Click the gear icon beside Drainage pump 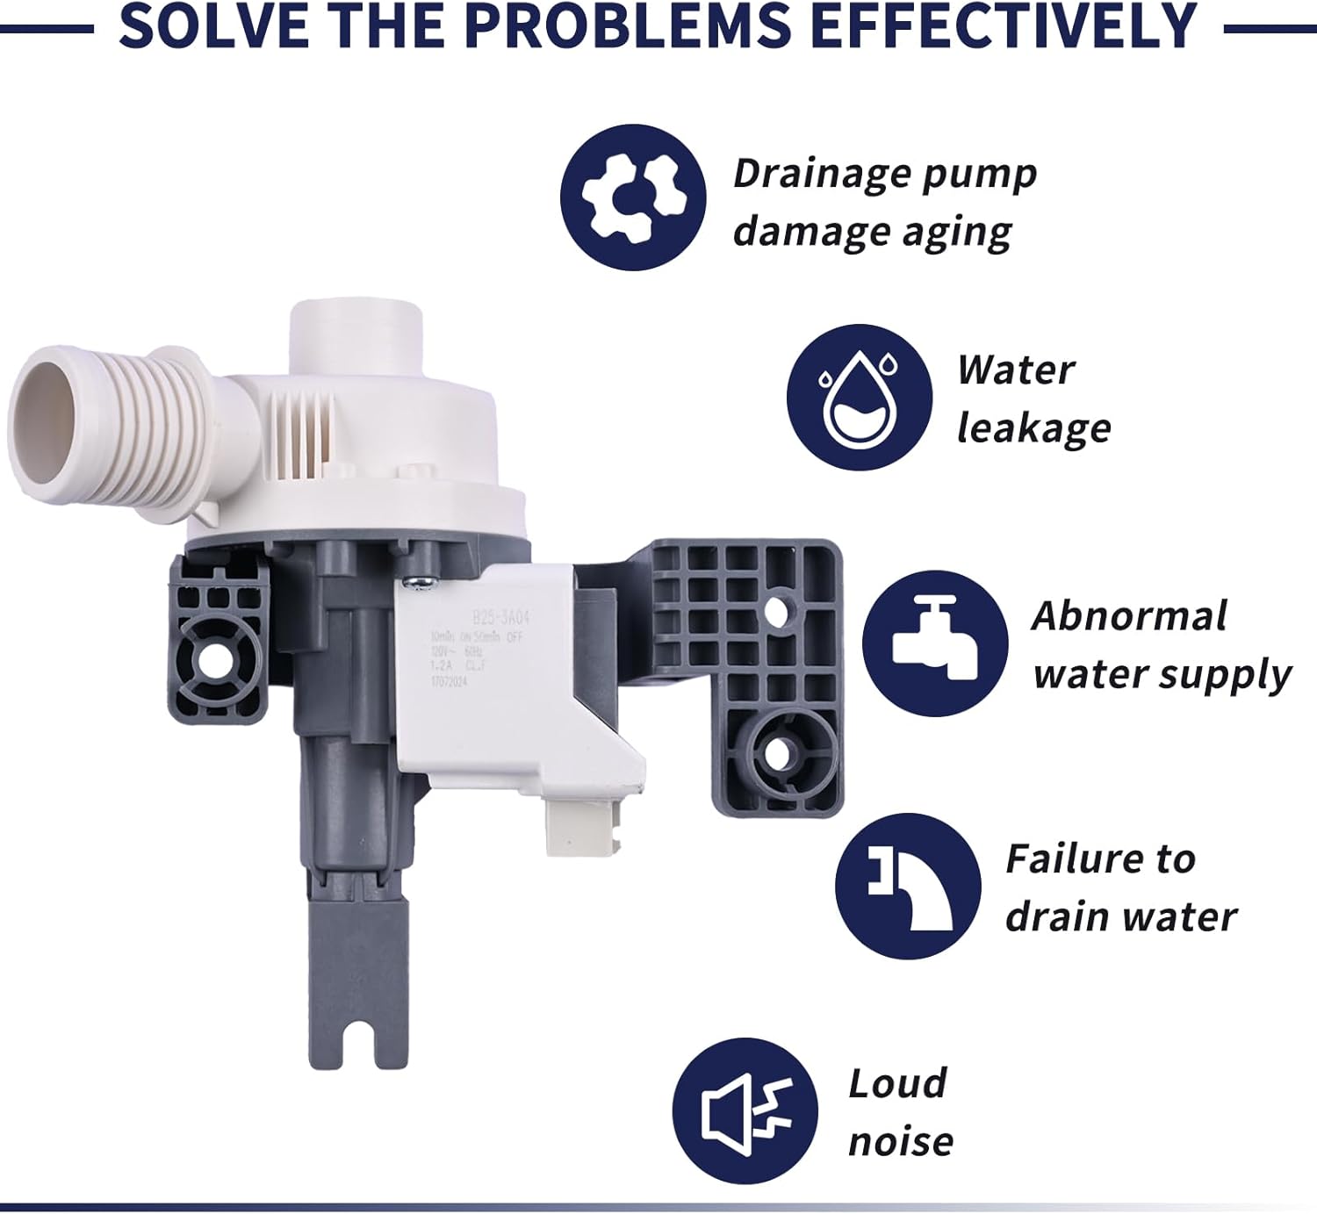(633, 198)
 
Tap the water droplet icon (860, 398)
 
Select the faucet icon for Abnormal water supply (935, 643)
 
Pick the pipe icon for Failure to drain (907, 886)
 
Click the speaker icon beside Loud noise (745, 1110)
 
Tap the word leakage (1033, 428)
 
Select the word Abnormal (1128, 616)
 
